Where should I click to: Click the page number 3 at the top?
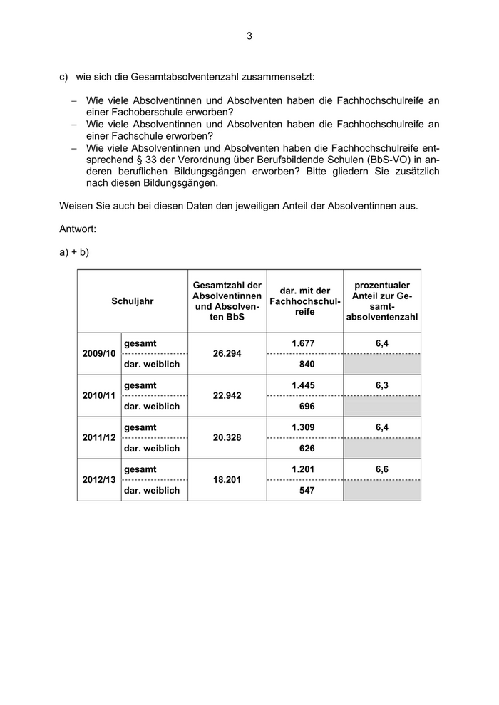249,36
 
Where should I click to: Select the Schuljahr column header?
133,301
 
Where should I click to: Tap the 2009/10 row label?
98,354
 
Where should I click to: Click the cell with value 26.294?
227,354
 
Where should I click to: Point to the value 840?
304,365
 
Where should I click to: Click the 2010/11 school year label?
98,396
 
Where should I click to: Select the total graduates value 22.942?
227,396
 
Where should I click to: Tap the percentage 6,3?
382,385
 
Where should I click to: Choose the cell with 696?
304,407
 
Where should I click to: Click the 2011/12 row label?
98,438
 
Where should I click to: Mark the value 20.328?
227,438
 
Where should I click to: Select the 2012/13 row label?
98,480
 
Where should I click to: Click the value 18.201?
227,480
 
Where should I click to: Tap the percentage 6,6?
382,469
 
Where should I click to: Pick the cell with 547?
304,491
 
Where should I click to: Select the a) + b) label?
74,252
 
